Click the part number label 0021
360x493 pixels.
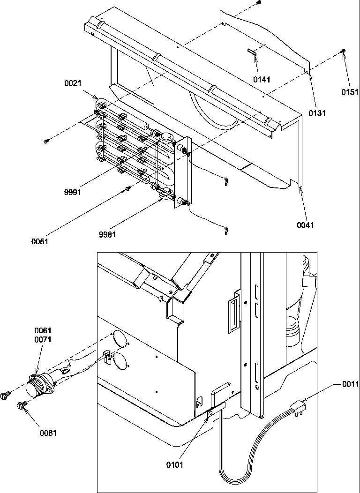73,83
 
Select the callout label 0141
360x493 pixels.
262,80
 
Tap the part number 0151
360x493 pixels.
349,92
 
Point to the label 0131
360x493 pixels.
317,113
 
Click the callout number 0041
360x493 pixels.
305,225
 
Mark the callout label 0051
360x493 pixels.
40,241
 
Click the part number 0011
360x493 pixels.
350,384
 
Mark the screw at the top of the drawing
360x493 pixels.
258,3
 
